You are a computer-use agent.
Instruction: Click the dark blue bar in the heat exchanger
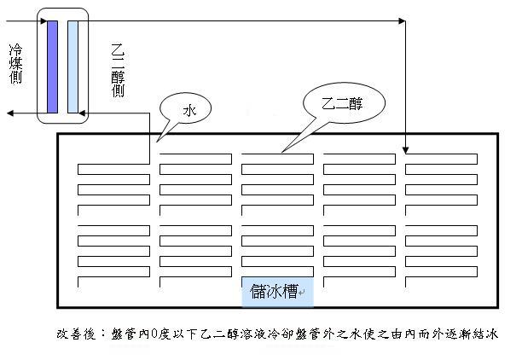[52, 65]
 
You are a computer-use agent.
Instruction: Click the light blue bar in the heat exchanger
[72, 65]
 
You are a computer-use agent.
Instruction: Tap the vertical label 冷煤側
[15, 63]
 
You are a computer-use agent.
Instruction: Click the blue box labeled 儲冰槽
[277, 291]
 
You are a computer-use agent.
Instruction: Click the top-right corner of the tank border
[497, 134]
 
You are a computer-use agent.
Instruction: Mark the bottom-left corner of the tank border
[58, 305]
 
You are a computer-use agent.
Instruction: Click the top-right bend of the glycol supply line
[405, 19]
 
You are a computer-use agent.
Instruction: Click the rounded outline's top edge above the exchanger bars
[62, 8]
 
